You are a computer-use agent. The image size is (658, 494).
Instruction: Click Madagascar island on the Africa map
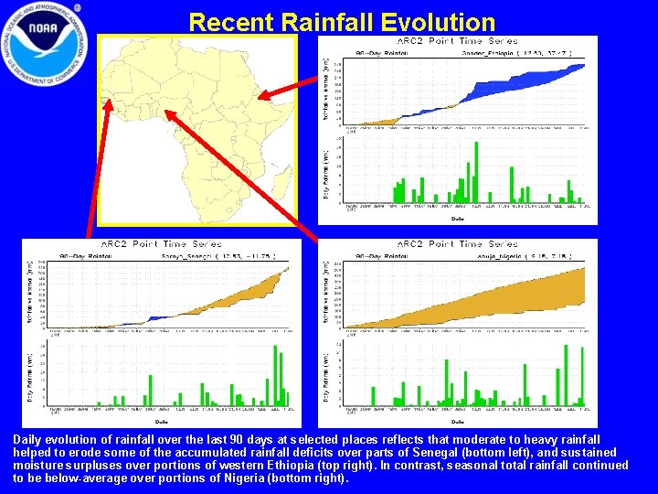(280, 182)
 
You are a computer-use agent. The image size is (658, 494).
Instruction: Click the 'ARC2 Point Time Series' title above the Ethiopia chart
(457, 41)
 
